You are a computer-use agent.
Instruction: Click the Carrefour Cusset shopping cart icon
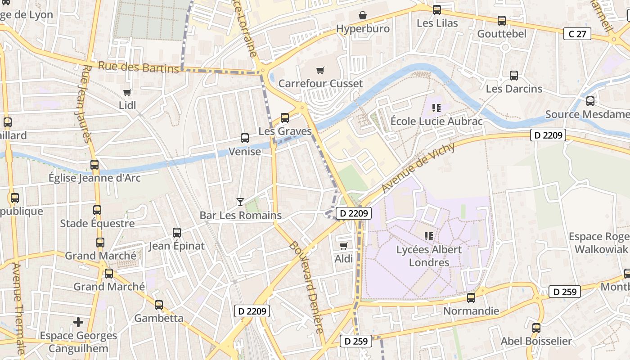(x=320, y=70)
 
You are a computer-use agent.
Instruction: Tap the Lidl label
(x=127, y=105)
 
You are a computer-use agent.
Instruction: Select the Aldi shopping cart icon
(x=344, y=246)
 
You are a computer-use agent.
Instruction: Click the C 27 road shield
(x=577, y=34)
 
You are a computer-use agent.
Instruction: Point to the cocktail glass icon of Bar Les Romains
(x=240, y=202)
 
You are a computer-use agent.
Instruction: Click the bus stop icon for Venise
(x=245, y=138)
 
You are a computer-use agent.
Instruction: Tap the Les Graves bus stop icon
(x=285, y=118)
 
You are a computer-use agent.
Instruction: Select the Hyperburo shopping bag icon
(x=363, y=16)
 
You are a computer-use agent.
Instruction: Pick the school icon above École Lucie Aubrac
(x=436, y=108)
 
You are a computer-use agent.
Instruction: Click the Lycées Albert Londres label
(x=429, y=256)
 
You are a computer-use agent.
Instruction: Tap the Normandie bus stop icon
(x=471, y=297)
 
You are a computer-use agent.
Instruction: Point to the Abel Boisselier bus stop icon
(x=536, y=328)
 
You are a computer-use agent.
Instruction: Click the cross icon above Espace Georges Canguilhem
(x=78, y=322)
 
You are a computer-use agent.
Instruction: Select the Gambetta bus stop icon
(x=159, y=305)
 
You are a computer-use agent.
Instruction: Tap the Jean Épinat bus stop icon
(x=177, y=233)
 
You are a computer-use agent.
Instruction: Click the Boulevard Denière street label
(x=306, y=287)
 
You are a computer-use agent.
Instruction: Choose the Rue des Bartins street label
(x=138, y=67)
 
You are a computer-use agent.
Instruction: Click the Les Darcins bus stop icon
(x=514, y=76)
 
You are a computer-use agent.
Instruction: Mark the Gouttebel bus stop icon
(x=502, y=21)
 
